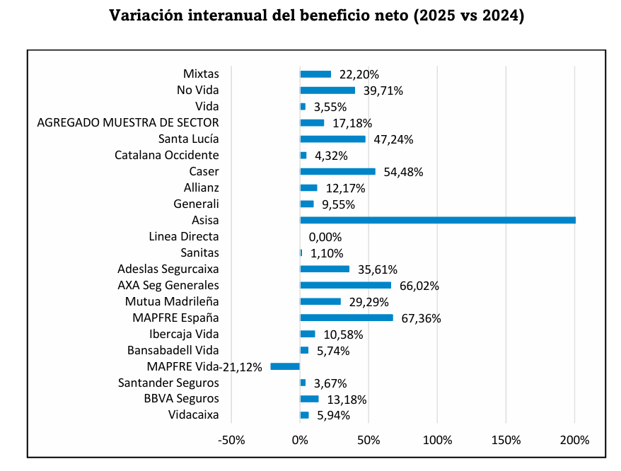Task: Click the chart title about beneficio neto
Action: point(317,16)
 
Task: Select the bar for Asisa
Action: point(437,220)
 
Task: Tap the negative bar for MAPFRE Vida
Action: point(285,366)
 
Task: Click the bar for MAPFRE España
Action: point(347,318)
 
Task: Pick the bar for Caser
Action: point(337,171)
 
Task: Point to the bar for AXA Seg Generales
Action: point(345,285)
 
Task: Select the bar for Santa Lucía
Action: point(332,139)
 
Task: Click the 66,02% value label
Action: point(419,286)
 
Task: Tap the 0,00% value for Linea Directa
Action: point(325,237)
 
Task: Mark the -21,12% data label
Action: point(243,366)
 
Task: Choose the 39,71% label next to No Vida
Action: point(383,91)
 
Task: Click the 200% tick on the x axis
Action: point(574,441)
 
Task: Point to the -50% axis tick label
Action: point(231,441)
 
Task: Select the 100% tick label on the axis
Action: point(437,441)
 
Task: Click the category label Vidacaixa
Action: point(194,415)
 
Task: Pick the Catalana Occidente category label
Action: point(167,155)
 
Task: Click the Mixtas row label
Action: point(201,74)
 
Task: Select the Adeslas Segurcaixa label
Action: point(168,269)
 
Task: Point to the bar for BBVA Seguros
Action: point(309,399)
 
